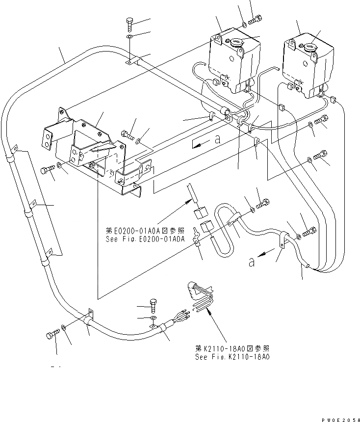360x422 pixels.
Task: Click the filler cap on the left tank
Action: coord(236,42)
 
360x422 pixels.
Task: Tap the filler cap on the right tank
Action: coord(310,48)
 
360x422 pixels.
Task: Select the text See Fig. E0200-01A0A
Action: coord(145,239)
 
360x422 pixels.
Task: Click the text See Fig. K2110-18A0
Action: coord(231,356)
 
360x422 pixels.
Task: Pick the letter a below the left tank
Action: coord(216,140)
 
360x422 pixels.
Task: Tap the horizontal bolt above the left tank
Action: coord(256,21)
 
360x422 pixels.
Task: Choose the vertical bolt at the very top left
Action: coord(129,23)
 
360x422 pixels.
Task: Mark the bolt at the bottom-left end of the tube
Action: coord(52,335)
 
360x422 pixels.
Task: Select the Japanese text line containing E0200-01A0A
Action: coord(145,230)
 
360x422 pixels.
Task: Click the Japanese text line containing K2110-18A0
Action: coord(231,348)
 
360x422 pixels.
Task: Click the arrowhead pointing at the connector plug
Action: coord(210,311)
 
